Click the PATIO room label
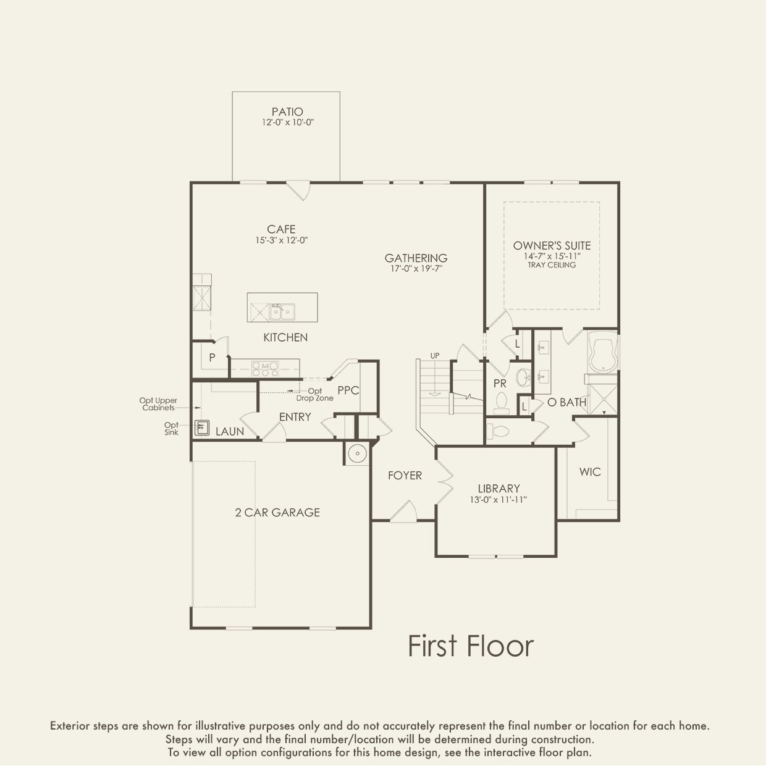click(287, 112)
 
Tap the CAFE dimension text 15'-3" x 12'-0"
click(282, 240)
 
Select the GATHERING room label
click(416, 258)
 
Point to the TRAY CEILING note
click(552, 265)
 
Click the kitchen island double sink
click(282, 311)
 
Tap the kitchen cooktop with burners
click(265, 369)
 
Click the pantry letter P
click(213, 357)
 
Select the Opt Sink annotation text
click(171, 429)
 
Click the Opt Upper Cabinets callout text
click(158, 404)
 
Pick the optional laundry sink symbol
click(202, 427)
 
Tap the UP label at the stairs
click(435, 356)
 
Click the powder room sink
click(523, 377)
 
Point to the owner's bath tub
click(603, 352)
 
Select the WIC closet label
click(590, 472)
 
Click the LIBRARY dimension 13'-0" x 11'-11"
click(499, 500)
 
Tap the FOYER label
click(405, 476)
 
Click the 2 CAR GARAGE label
click(277, 512)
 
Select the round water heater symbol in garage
click(357, 453)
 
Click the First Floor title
click(471, 646)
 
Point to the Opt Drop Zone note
click(315, 395)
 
